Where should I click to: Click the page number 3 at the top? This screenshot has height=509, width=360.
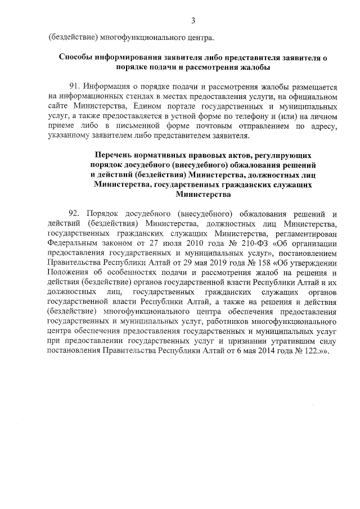(x=193, y=21)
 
